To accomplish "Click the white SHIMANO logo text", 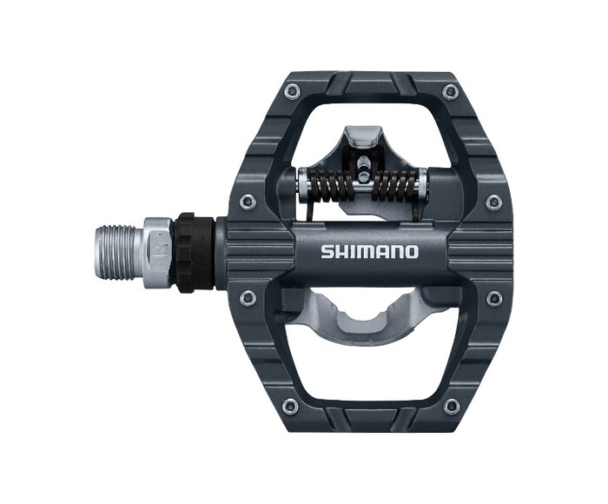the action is click(369, 252).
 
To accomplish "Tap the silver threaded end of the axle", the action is click(120, 253).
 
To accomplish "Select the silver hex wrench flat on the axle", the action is click(158, 253).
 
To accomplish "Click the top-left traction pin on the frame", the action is click(291, 91).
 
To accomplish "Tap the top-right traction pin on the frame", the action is click(449, 92).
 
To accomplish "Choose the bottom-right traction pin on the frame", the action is click(449, 406).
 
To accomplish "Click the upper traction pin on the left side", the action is click(246, 201).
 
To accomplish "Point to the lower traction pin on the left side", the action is click(246, 297).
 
